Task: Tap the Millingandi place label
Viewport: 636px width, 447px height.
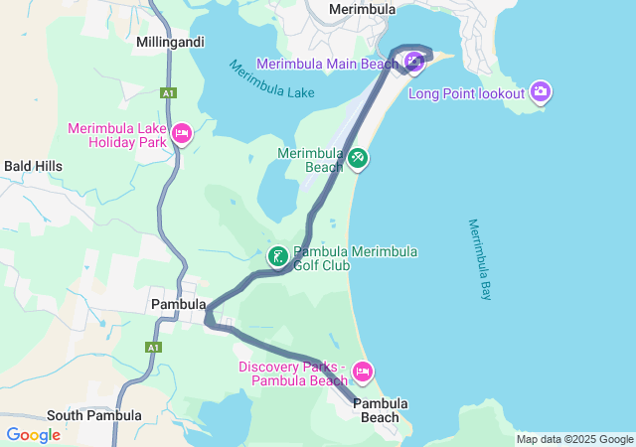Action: click(170, 44)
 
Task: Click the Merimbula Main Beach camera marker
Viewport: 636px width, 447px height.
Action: click(413, 63)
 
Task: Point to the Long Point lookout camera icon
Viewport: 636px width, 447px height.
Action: click(541, 93)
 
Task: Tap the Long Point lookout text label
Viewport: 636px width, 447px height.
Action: click(466, 94)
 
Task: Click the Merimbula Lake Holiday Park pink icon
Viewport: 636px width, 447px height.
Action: click(181, 133)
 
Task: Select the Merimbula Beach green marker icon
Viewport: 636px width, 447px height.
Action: click(358, 158)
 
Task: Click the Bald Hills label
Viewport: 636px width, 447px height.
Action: click(34, 166)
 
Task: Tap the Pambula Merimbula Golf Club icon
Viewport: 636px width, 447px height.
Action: click(277, 257)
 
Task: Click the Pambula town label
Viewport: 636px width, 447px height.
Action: click(178, 304)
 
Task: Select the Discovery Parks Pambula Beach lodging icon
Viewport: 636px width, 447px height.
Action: click(363, 372)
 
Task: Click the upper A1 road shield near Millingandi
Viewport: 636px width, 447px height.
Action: click(170, 93)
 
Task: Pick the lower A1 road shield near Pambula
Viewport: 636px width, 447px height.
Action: click(153, 348)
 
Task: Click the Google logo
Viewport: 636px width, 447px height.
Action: click(33, 435)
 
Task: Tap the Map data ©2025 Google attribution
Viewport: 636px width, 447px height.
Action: click(573, 439)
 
